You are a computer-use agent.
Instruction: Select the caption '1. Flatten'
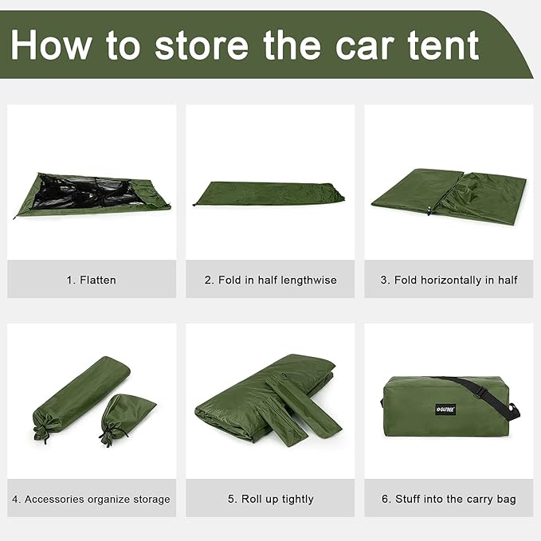click(92, 280)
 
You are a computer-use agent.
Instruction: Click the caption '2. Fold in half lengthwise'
click(270, 280)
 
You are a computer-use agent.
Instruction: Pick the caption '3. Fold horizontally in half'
click(449, 280)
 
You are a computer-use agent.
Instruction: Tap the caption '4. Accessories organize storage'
click(92, 500)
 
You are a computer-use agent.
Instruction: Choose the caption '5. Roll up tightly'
click(270, 500)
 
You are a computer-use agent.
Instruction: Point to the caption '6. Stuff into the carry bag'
click(449, 500)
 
